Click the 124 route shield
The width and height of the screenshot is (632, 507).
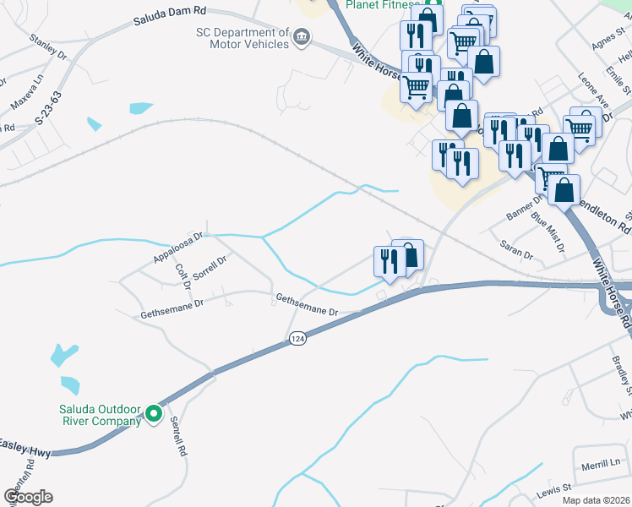click(x=297, y=338)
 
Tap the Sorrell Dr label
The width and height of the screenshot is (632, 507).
click(x=210, y=269)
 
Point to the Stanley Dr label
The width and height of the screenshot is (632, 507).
click(x=48, y=46)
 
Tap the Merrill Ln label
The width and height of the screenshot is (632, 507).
click(x=601, y=465)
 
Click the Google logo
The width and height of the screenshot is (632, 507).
click(x=28, y=496)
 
